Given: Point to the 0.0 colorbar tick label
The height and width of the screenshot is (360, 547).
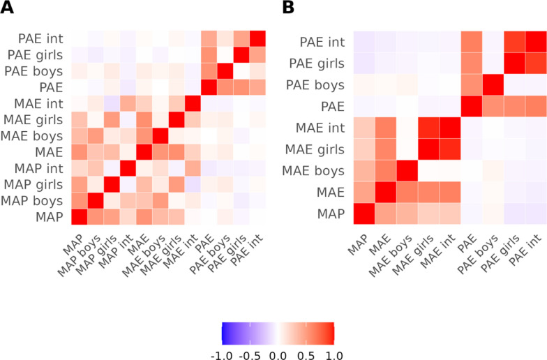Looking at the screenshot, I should pos(278,355).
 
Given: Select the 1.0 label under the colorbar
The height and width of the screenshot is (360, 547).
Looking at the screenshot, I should pos(334,355).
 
